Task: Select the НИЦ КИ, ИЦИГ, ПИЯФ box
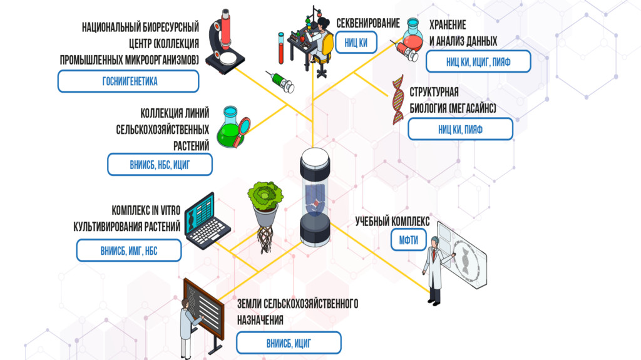478,61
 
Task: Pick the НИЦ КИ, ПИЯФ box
460,130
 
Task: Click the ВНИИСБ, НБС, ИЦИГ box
160,165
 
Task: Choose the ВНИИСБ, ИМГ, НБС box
129,250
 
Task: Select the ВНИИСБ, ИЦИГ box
289,343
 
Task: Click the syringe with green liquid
279,82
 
